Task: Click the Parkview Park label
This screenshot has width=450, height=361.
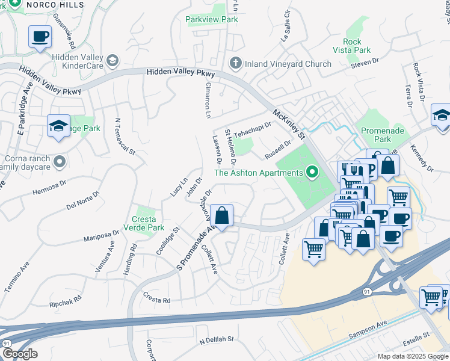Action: (212, 19)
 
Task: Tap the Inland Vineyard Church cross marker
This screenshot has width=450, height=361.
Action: (236, 63)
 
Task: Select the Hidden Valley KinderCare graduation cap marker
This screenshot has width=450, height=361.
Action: (112, 60)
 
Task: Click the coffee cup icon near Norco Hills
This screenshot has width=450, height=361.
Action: (40, 37)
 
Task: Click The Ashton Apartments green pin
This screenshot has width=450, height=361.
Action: (312, 173)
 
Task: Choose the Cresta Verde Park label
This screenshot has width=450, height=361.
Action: (144, 223)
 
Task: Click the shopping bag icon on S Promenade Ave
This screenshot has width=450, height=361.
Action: (222, 215)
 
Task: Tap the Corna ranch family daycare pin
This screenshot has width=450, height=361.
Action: (59, 161)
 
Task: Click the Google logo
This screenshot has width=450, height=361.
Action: (19, 354)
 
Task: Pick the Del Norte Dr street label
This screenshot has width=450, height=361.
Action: (82, 200)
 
